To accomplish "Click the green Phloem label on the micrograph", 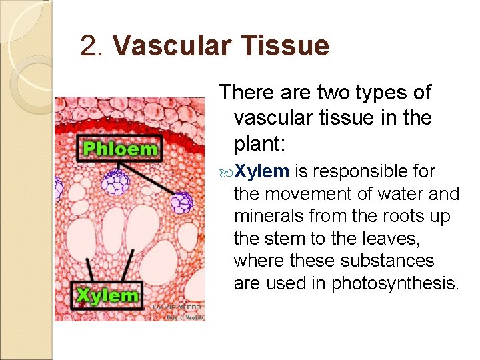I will tap(121, 147).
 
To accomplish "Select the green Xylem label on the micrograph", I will tap(108, 295).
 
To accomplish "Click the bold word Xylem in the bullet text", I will tap(261, 172).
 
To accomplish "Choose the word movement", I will tap(308, 195).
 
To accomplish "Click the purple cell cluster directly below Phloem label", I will tap(118, 181).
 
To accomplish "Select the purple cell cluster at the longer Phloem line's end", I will tap(181, 202).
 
